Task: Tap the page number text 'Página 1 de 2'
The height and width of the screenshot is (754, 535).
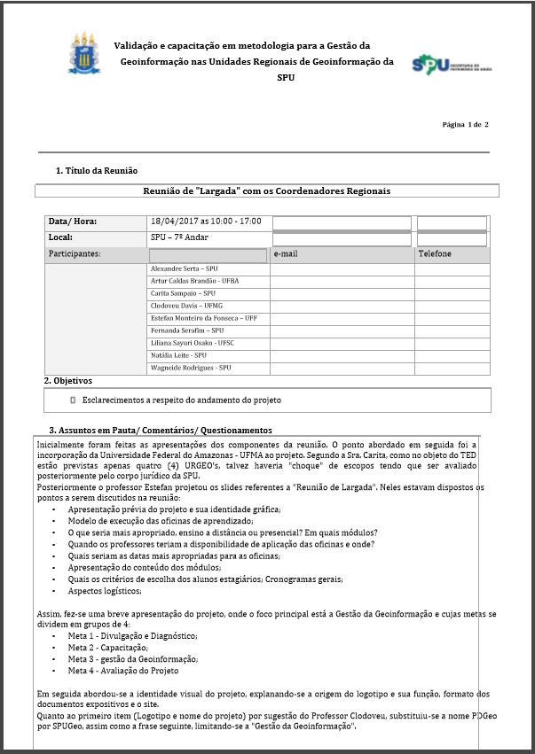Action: click(465, 125)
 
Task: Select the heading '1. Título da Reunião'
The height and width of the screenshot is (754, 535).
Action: click(97, 170)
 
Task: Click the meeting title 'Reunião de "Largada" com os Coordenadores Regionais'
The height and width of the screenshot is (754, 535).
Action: click(267, 190)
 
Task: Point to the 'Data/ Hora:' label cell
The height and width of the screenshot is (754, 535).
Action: click(73, 222)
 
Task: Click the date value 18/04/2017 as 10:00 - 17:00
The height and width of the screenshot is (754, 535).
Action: click(206, 221)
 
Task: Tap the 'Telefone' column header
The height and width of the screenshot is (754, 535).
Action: click(435, 254)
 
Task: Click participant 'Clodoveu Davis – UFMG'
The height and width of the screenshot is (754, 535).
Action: click(186, 306)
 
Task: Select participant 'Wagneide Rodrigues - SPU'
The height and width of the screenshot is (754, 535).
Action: click(191, 368)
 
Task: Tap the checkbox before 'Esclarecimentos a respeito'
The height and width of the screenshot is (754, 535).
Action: click(73, 400)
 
